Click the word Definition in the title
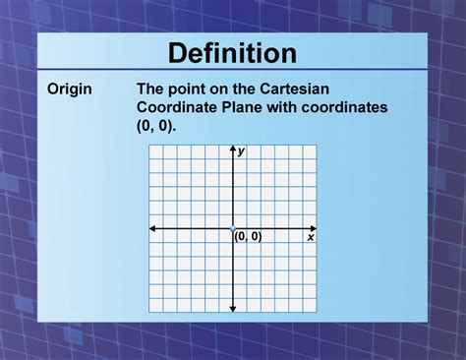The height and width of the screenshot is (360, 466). coord(232,52)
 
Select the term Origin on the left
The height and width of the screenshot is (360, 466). coord(70,90)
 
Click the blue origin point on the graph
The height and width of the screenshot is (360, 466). coord(233,228)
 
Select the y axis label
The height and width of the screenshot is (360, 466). coord(241,150)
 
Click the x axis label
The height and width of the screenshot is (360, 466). coord(311,237)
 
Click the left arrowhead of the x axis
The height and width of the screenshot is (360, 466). coord(152,228)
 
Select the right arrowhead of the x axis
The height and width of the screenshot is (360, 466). coord(314,228)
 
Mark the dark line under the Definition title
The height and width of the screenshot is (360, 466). coord(232,70)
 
